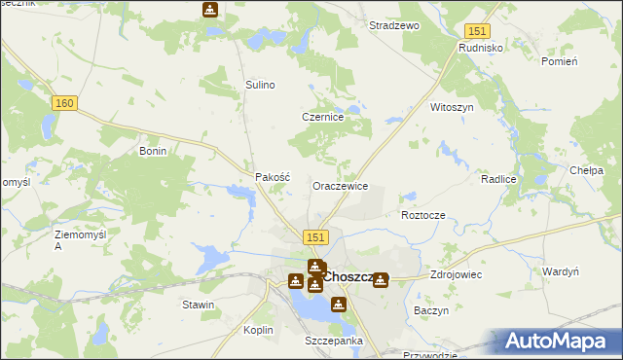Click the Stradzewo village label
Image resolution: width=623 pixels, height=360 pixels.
pos(393,25)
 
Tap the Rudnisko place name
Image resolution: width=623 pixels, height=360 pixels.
pos(479,46)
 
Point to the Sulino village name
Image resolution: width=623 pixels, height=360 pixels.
pos(260,85)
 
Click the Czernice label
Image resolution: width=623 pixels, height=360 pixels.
pos(323,117)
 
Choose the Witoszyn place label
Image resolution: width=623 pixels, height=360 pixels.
pos(452,107)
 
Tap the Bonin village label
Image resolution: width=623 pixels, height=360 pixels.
pos(154,152)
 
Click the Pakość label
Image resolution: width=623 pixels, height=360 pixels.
pos(274,177)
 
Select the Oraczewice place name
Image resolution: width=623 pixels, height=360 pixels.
pos(339,185)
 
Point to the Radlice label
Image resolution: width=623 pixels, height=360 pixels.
pos(497,180)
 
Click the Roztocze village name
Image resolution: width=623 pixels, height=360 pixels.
pos(422,214)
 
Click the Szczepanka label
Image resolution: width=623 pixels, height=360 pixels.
pos(333,341)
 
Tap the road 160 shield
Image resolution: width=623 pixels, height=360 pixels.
pos(65,104)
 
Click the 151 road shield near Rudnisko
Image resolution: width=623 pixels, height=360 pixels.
pos(476,32)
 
